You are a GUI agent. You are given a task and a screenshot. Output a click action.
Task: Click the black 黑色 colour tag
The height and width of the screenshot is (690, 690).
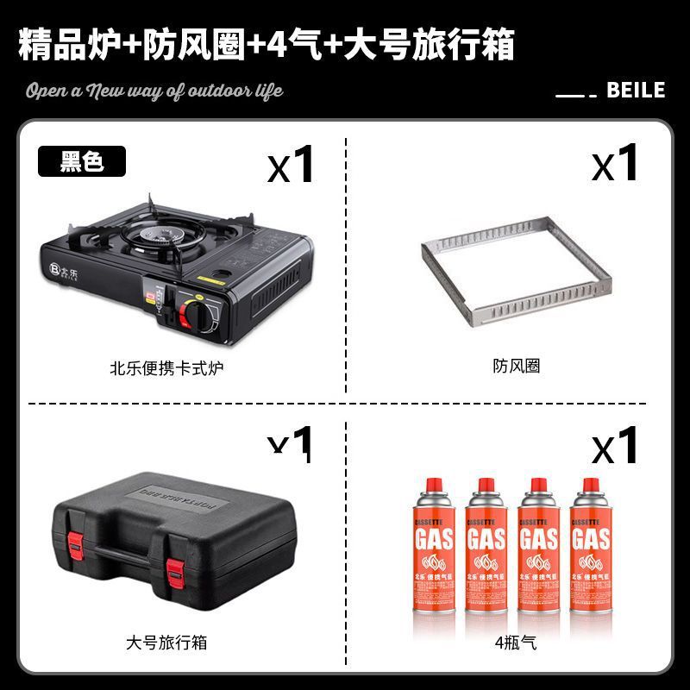(x=82, y=161)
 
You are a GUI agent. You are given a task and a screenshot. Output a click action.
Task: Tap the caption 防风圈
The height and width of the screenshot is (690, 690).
(x=517, y=367)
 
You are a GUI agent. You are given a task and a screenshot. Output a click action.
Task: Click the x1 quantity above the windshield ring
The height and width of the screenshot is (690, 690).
(x=614, y=163)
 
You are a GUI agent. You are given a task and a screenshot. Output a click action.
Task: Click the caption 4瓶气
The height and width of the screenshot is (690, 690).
(x=516, y=643)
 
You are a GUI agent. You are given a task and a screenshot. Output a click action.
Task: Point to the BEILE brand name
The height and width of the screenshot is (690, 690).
(x=636, y=90)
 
